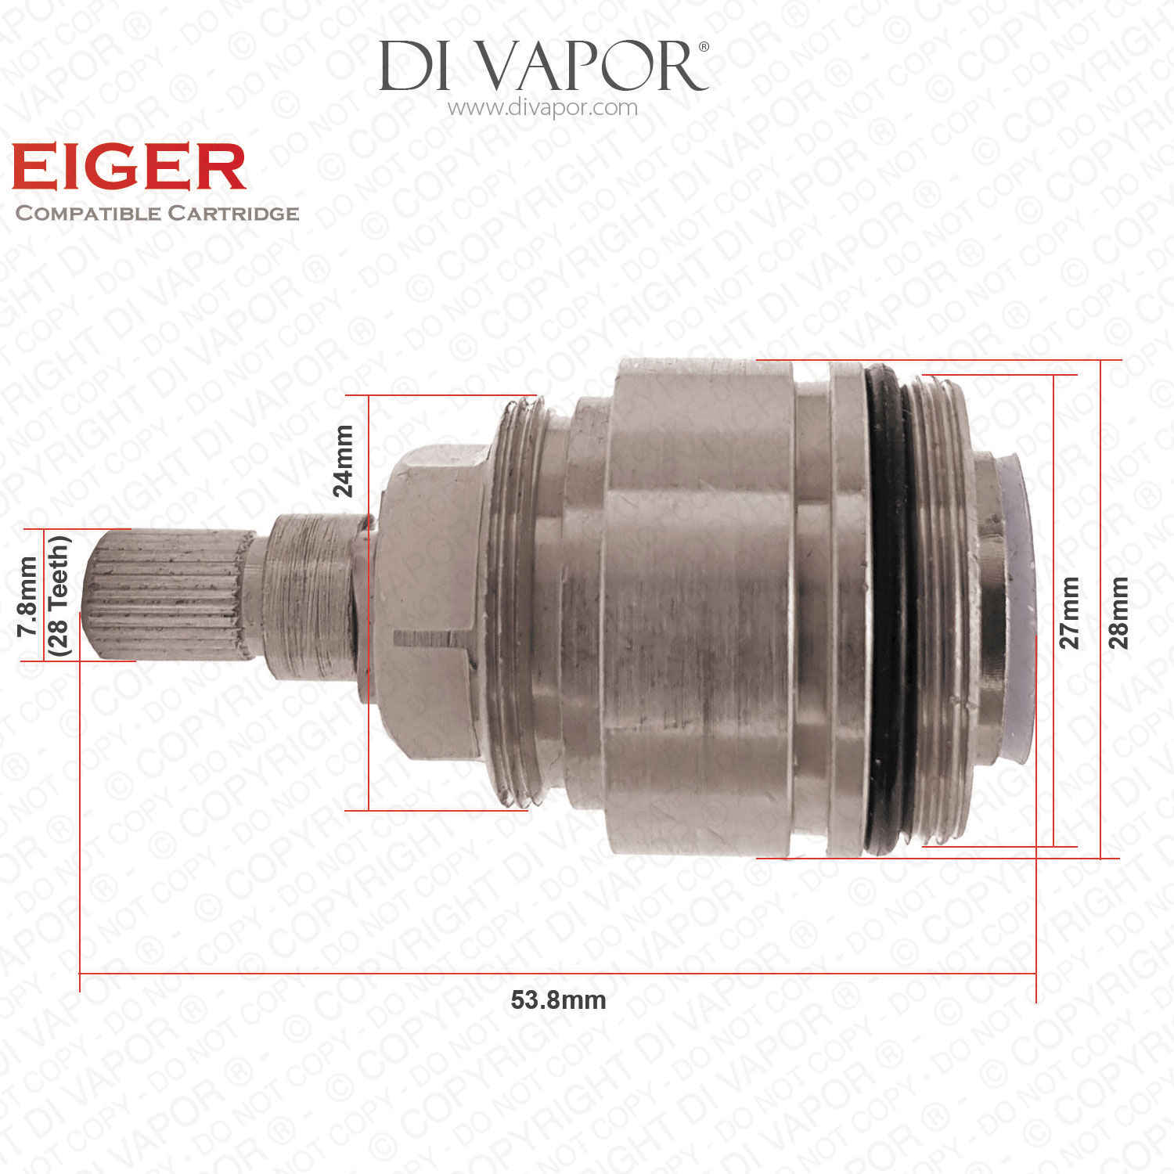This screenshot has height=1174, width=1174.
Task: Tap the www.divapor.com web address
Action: [x=542, y=107]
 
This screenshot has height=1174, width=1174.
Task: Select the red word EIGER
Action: [x=129, y=167]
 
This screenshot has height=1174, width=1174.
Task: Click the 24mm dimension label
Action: [x=343, y=461]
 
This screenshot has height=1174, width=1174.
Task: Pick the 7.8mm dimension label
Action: [x=28, y=596]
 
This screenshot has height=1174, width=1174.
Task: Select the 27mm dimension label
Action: [x=1069, y=613]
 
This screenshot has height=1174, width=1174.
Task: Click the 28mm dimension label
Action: [x=1119, y=613]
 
